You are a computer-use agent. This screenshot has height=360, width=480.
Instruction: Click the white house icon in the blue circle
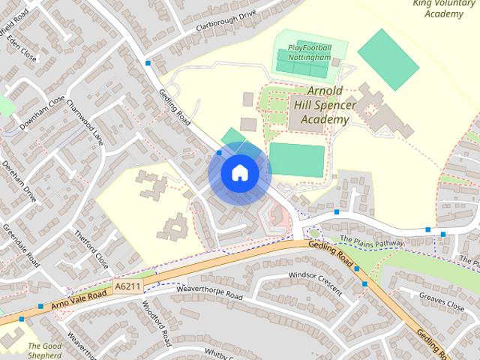(239, 172)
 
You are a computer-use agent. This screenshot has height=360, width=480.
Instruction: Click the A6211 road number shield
(127, 286)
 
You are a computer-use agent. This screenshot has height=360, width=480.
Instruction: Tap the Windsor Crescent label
(313, 277)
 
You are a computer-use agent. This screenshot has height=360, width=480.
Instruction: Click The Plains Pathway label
(372, 241)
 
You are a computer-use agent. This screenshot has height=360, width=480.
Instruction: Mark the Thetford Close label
(91, 250)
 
